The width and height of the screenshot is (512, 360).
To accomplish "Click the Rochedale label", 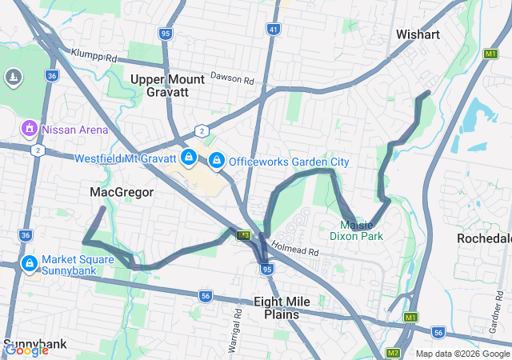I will click(485, 239).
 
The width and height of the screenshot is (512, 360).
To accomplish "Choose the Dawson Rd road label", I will click(232, 79).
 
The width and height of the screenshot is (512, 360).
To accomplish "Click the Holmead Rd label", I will click(294, 250).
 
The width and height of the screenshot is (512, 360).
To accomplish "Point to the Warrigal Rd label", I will click(237, 316).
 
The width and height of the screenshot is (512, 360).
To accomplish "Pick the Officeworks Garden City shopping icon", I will click(216, 161).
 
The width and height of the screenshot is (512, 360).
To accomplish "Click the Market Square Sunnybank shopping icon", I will click(29, 263).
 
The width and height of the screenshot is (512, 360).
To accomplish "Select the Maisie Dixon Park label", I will click(356, 230).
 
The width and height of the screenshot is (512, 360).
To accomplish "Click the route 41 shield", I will click(274, 30).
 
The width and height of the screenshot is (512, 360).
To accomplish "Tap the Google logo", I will click(26, 350).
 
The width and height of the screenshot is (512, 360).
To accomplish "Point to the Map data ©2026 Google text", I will click(462, 354).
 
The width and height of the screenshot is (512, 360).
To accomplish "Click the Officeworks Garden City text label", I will click(289, 162).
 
